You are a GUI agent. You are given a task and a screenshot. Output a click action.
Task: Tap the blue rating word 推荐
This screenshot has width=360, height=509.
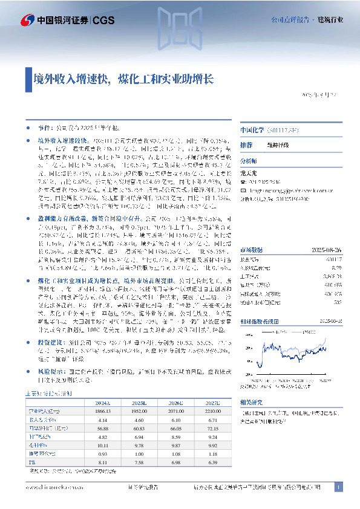pos(246,146)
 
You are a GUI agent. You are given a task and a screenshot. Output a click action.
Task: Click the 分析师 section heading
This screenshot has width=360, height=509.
pos(249,161)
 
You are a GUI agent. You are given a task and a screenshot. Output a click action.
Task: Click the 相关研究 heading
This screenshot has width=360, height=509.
pos(250,400)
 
